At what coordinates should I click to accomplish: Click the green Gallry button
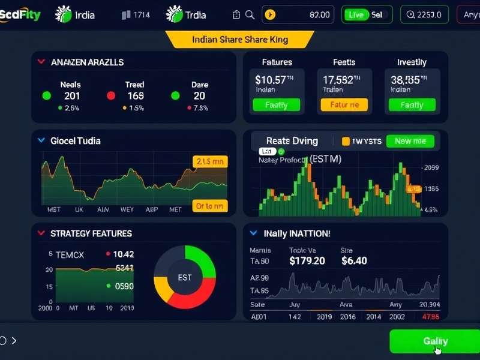434,341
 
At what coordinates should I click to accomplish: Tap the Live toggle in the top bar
356,14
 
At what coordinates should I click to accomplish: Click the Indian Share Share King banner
240,40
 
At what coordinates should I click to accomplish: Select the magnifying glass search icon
250,14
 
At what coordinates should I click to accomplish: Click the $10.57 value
270,79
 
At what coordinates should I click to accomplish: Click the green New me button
410,141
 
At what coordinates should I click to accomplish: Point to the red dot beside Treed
111,95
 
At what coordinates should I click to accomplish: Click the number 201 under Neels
71,95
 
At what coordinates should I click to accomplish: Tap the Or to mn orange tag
209,206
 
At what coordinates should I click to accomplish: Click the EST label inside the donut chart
185,278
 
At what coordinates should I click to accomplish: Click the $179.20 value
307,261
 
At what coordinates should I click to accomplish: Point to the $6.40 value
354,261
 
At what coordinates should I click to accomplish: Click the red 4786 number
430,316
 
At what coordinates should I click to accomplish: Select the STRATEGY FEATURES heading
91,233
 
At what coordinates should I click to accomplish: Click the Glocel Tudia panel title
76,141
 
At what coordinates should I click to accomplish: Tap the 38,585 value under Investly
406,79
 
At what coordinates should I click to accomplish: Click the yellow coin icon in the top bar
270,14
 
